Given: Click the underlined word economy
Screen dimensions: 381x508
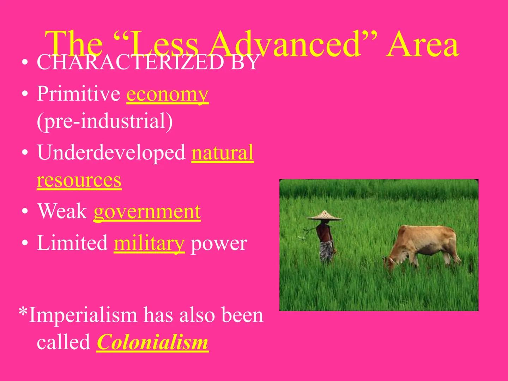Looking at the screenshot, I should [x=168, y=95].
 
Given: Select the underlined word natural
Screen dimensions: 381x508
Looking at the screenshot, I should [x=223, y=153].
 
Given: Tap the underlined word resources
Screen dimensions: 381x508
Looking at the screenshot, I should [x=79, y=180].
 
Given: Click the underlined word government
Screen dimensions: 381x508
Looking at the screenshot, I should [x=147, y=212].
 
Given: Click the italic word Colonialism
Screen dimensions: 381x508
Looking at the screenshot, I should [x=152, y=342].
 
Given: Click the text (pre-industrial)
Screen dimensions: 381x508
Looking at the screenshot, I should [x=105, y=121].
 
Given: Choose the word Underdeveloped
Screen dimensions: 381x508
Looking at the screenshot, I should [x=111, y=153].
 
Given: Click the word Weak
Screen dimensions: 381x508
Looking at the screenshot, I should [x=62, y=212].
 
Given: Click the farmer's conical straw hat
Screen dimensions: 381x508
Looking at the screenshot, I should [x=324, y=216].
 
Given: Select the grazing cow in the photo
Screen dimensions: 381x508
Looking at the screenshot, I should [x=423, y=245].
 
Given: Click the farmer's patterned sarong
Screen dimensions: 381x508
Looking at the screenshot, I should [x=326, y=250].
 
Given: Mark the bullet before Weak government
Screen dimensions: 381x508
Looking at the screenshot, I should [x=24, y=212].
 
